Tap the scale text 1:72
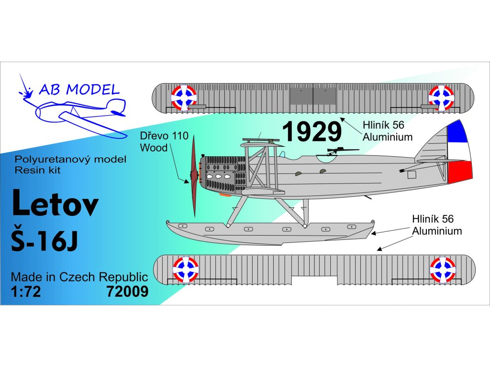(x=26, y=291)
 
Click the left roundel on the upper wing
(x=184, y=97)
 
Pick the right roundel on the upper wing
(x=441, y=97)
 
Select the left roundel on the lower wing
(x=186, y=270)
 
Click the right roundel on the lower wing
(x=443, y=270)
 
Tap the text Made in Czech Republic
(x=79, y=277)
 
